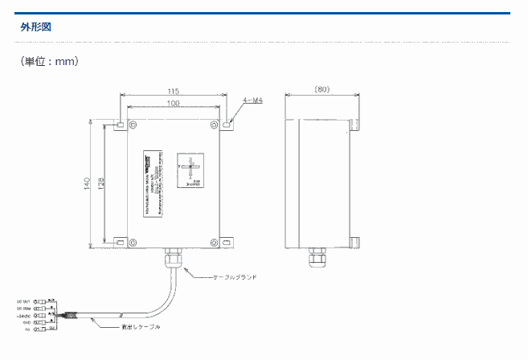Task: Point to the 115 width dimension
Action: point(173,91)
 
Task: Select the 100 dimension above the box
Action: point(173,104)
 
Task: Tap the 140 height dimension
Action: point(86,184)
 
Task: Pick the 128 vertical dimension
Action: point(100,184)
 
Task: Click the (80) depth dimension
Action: point(321,89)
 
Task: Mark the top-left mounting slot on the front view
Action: point(119,125)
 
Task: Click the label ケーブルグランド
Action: point(235,277)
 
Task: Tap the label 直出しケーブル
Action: point(141,327)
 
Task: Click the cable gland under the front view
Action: point(172,260)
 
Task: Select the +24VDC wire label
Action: point(23,316)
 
